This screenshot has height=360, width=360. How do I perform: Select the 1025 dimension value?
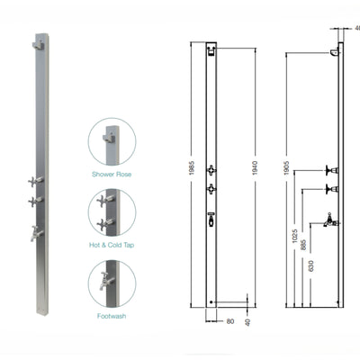(295, 238)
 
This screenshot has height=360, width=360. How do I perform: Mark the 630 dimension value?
(311, 265)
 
